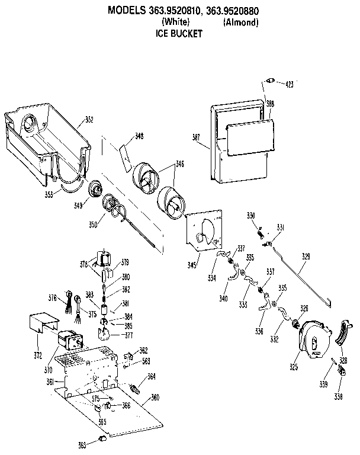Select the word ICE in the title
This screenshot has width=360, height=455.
[x=162, y=34]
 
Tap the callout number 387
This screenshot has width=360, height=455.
[x=196, y=137]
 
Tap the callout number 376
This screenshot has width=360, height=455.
[x=52, y=299]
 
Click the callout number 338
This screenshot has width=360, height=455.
[x=338, y=396]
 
